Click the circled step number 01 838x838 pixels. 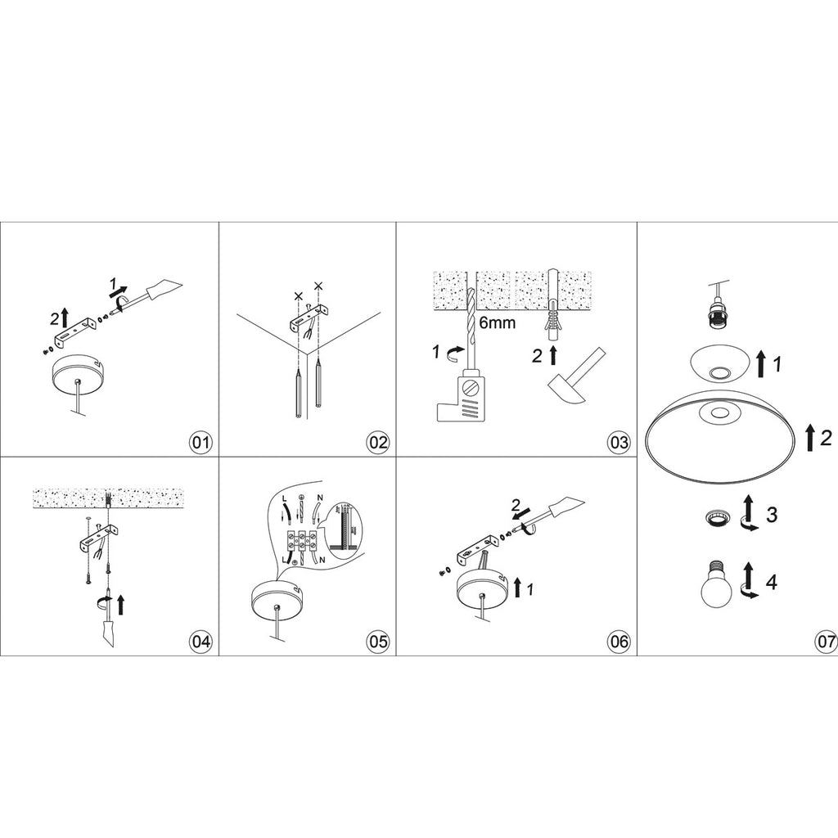tap(201, 443)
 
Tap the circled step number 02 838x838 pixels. tap(378, 443)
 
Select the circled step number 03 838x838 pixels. tap(619, 443)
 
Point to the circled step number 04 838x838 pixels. tap(201, 642)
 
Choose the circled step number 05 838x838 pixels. tap(378, 642)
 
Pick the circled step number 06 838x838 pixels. tap(619, 642)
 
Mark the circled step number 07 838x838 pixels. tap(826, 642)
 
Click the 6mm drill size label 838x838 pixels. tap(497, 322)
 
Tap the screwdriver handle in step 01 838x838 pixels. tap(164, 289)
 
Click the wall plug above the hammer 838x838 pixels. tap(552, 325)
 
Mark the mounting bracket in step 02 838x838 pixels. tap(309, 320)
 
